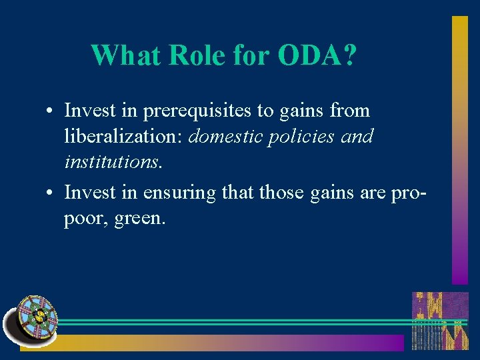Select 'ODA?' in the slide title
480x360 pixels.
coord(316,55)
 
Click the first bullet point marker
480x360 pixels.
coord(51,111)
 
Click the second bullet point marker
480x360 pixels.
coord(51,193)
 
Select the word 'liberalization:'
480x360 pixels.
coord(124,137)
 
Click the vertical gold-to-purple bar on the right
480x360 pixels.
coord(460,150)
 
